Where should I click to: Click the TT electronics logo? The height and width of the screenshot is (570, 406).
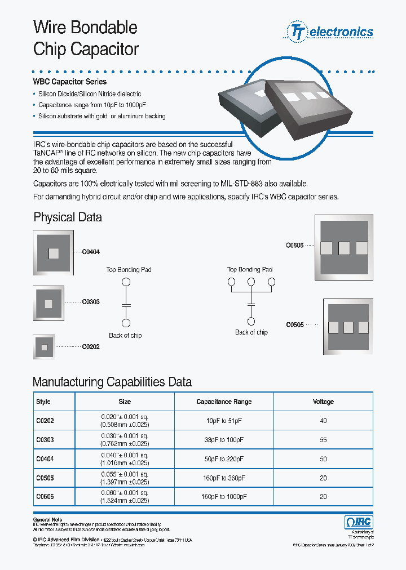point(331,32)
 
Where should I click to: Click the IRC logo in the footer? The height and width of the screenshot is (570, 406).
point(359,522)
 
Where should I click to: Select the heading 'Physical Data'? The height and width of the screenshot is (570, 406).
point(68,217)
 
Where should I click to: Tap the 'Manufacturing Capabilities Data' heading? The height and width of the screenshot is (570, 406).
point(112,382)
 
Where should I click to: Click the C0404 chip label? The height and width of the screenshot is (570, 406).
point(91,252)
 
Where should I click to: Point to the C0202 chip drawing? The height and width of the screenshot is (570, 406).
point(45,347)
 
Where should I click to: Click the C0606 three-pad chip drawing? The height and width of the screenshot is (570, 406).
point(343,247)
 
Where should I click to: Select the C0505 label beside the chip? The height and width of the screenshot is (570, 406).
point(295,325)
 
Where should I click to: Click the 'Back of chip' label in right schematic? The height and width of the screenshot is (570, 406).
point(251,332)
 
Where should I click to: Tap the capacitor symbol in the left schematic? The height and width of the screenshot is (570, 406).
point(126,304)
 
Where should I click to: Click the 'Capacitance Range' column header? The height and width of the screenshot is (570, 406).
point(224,402)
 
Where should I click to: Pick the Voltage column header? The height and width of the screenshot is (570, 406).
point(323,402)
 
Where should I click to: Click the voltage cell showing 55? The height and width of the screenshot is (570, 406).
point(323,440)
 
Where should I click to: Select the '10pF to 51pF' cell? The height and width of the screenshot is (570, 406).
point(224,421)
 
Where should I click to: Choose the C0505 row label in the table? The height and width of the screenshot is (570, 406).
point(45,478)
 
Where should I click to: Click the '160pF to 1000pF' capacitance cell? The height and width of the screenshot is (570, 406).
point(224,497)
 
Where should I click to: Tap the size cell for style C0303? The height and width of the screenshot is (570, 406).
point(125,440)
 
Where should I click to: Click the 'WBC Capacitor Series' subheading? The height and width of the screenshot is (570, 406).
point(70,82)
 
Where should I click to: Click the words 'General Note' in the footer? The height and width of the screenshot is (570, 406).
point(48,520)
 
